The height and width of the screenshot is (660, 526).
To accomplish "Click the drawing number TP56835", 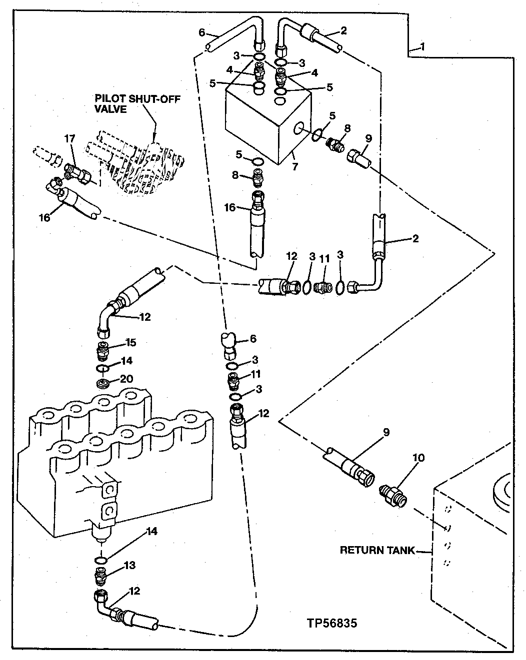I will (x=332, y=624).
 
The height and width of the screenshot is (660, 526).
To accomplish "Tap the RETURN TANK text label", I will (x=377, y=550).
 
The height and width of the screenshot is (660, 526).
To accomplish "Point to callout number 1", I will (x=422, y=48).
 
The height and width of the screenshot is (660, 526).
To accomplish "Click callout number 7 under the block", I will (x=295, y=167).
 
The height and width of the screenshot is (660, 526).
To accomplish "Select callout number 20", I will (x=126, y=379).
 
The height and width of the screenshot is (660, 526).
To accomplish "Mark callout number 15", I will (x=130, y=343).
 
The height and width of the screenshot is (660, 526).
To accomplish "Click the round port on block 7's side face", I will (x=299, y=130).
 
